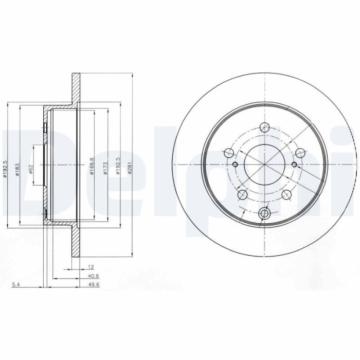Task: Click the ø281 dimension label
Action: [x=130, y=168]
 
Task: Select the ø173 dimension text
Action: [x=105, y=168]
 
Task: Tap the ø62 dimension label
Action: [x=31, y=169]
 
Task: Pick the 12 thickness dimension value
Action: [x=91, y=267]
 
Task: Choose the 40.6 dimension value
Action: [x=94, y=276]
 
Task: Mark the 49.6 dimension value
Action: [x=94, y=285]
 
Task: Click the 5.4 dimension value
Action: [x=16, y=285]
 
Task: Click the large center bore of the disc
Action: [x=265, y=165]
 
